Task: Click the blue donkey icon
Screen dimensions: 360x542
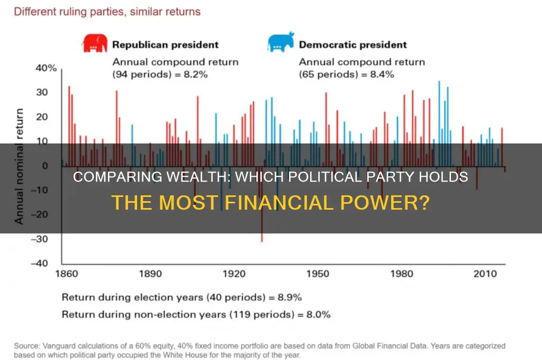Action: (281, 45)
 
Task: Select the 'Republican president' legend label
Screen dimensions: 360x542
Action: (165, 45)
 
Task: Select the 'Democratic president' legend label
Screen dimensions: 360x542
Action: (353, 45)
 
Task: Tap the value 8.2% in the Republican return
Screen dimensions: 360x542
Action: (196, 75)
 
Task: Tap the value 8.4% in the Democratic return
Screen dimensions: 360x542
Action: (382, 75)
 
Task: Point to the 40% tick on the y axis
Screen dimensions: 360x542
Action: (46, 68)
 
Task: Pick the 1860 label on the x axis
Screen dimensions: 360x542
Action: (67, 274)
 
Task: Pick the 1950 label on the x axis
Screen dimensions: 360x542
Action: (318, 274)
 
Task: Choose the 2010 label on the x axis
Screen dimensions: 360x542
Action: (485, 274)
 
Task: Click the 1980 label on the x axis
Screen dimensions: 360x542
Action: (401, 274)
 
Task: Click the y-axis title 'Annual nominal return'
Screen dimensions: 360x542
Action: (20, 166)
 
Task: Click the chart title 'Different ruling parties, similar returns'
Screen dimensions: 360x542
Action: (107, 12)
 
